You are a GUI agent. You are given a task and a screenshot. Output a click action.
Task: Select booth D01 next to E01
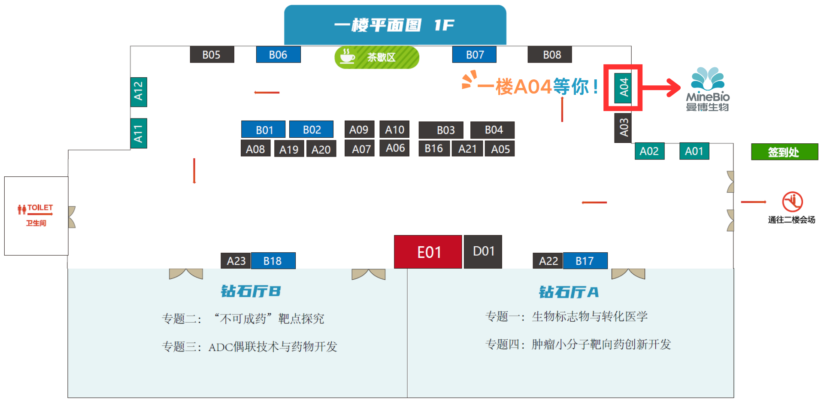(483, 251)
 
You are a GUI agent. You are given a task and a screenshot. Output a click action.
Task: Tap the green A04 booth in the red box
(623, 88)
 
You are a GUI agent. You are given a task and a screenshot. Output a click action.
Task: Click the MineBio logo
(707, 89)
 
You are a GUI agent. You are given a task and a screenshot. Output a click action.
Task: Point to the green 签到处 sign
(784, 152)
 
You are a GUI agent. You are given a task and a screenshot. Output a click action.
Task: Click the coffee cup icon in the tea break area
(347, 57)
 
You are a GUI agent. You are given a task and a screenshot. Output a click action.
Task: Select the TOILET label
(39, 208)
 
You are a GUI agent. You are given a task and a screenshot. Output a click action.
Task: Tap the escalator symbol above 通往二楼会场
(792, 202)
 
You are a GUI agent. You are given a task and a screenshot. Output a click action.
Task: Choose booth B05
(212, 55)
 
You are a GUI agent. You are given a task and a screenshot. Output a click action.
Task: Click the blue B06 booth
(278, 55)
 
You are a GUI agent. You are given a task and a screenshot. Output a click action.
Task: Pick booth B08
(551, 55)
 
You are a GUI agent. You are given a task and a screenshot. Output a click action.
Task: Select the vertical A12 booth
(138, 92)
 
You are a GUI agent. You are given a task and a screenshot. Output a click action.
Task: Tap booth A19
(289, 149)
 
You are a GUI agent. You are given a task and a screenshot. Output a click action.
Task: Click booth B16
(433, 148)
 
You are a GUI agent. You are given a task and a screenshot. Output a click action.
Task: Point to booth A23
(236, 261)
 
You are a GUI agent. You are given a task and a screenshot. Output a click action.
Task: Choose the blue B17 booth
(585, 261)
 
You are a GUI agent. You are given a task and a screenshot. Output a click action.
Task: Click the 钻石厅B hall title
(251, 291)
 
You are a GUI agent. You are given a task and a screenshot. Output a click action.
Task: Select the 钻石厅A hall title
(569, 292)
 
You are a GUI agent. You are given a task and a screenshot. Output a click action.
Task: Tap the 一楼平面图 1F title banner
(395, 25)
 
